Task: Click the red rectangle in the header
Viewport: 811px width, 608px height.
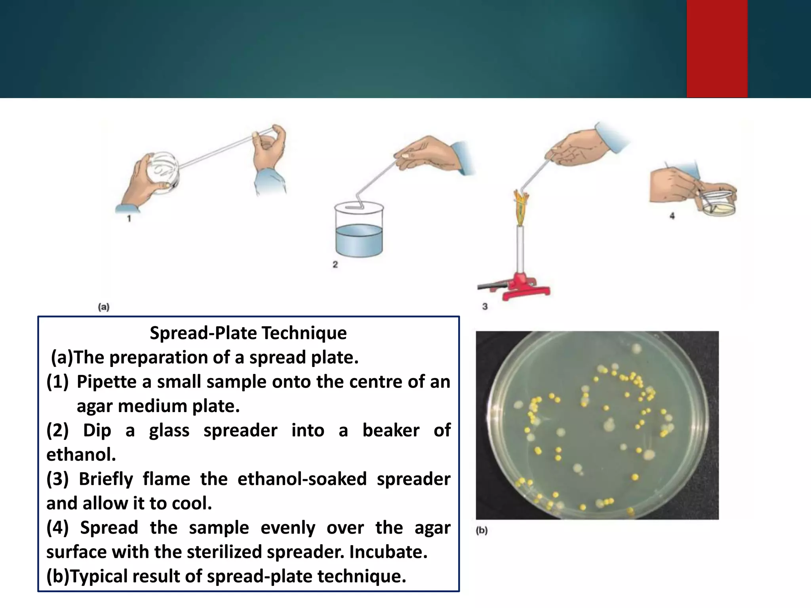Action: (x=717, y=48)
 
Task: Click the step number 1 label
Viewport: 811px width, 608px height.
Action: (x=129, y=218)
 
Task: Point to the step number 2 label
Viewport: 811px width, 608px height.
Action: (x=335, y=264)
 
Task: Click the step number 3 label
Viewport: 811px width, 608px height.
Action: (x=485, y=306)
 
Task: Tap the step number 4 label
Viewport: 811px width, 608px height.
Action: (x=672, y=216)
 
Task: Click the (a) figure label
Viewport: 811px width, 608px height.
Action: (x=104, y=307)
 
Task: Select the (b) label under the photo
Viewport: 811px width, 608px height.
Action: (x=482, y=530)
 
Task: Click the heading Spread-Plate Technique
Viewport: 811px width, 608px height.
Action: (x=248, y=333)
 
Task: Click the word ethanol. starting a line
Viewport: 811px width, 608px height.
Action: (x=81, y=454)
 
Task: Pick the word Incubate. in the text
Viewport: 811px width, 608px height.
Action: (x=388, y=552)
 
